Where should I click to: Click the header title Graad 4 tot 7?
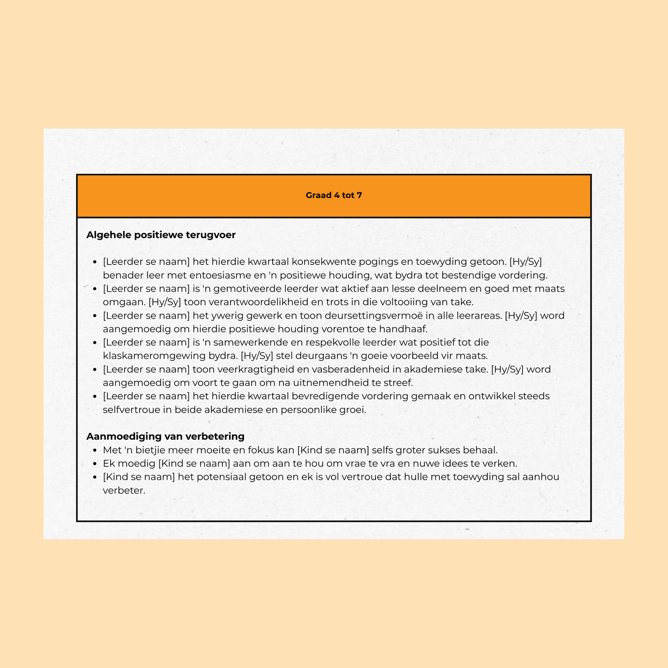334,196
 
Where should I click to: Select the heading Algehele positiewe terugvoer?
161,235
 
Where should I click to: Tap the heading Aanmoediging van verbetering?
165,436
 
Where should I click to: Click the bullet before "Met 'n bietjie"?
95,451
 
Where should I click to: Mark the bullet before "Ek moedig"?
95,464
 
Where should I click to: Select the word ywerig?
225,316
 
